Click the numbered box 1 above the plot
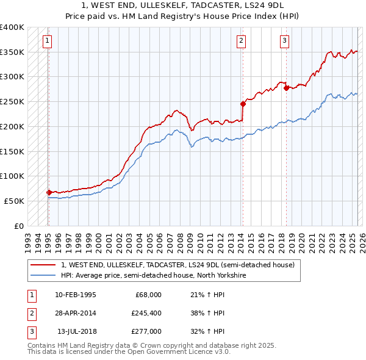point(48,41)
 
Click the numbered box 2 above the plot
point(242,41)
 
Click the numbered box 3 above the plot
point(284,41)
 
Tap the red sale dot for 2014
point(243,104)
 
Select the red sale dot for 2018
point(285,88)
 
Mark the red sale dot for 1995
point(49,192)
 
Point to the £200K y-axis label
point(12,126)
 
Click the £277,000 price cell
point(147,331)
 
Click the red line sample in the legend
point(43,265)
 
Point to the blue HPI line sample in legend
point(43,275)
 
